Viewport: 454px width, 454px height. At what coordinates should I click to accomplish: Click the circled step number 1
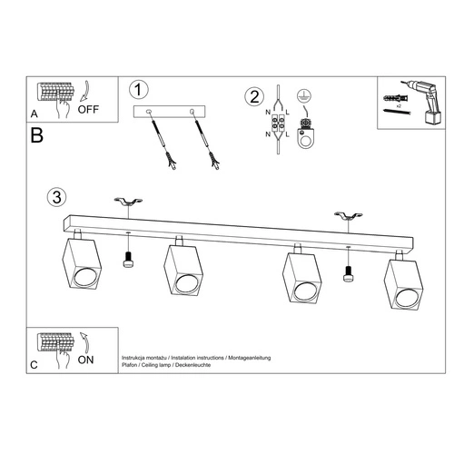138,90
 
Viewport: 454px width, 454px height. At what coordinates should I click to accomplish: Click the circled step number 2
255,94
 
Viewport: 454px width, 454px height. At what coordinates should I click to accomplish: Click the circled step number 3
57,196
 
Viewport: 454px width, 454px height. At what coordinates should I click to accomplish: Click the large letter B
36,138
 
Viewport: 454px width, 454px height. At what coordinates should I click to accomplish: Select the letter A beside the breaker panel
34,115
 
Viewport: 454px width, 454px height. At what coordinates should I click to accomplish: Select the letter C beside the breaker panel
34,364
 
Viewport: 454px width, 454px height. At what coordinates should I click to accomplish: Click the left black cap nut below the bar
128,262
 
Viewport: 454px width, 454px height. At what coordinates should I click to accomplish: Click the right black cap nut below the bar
348,274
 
